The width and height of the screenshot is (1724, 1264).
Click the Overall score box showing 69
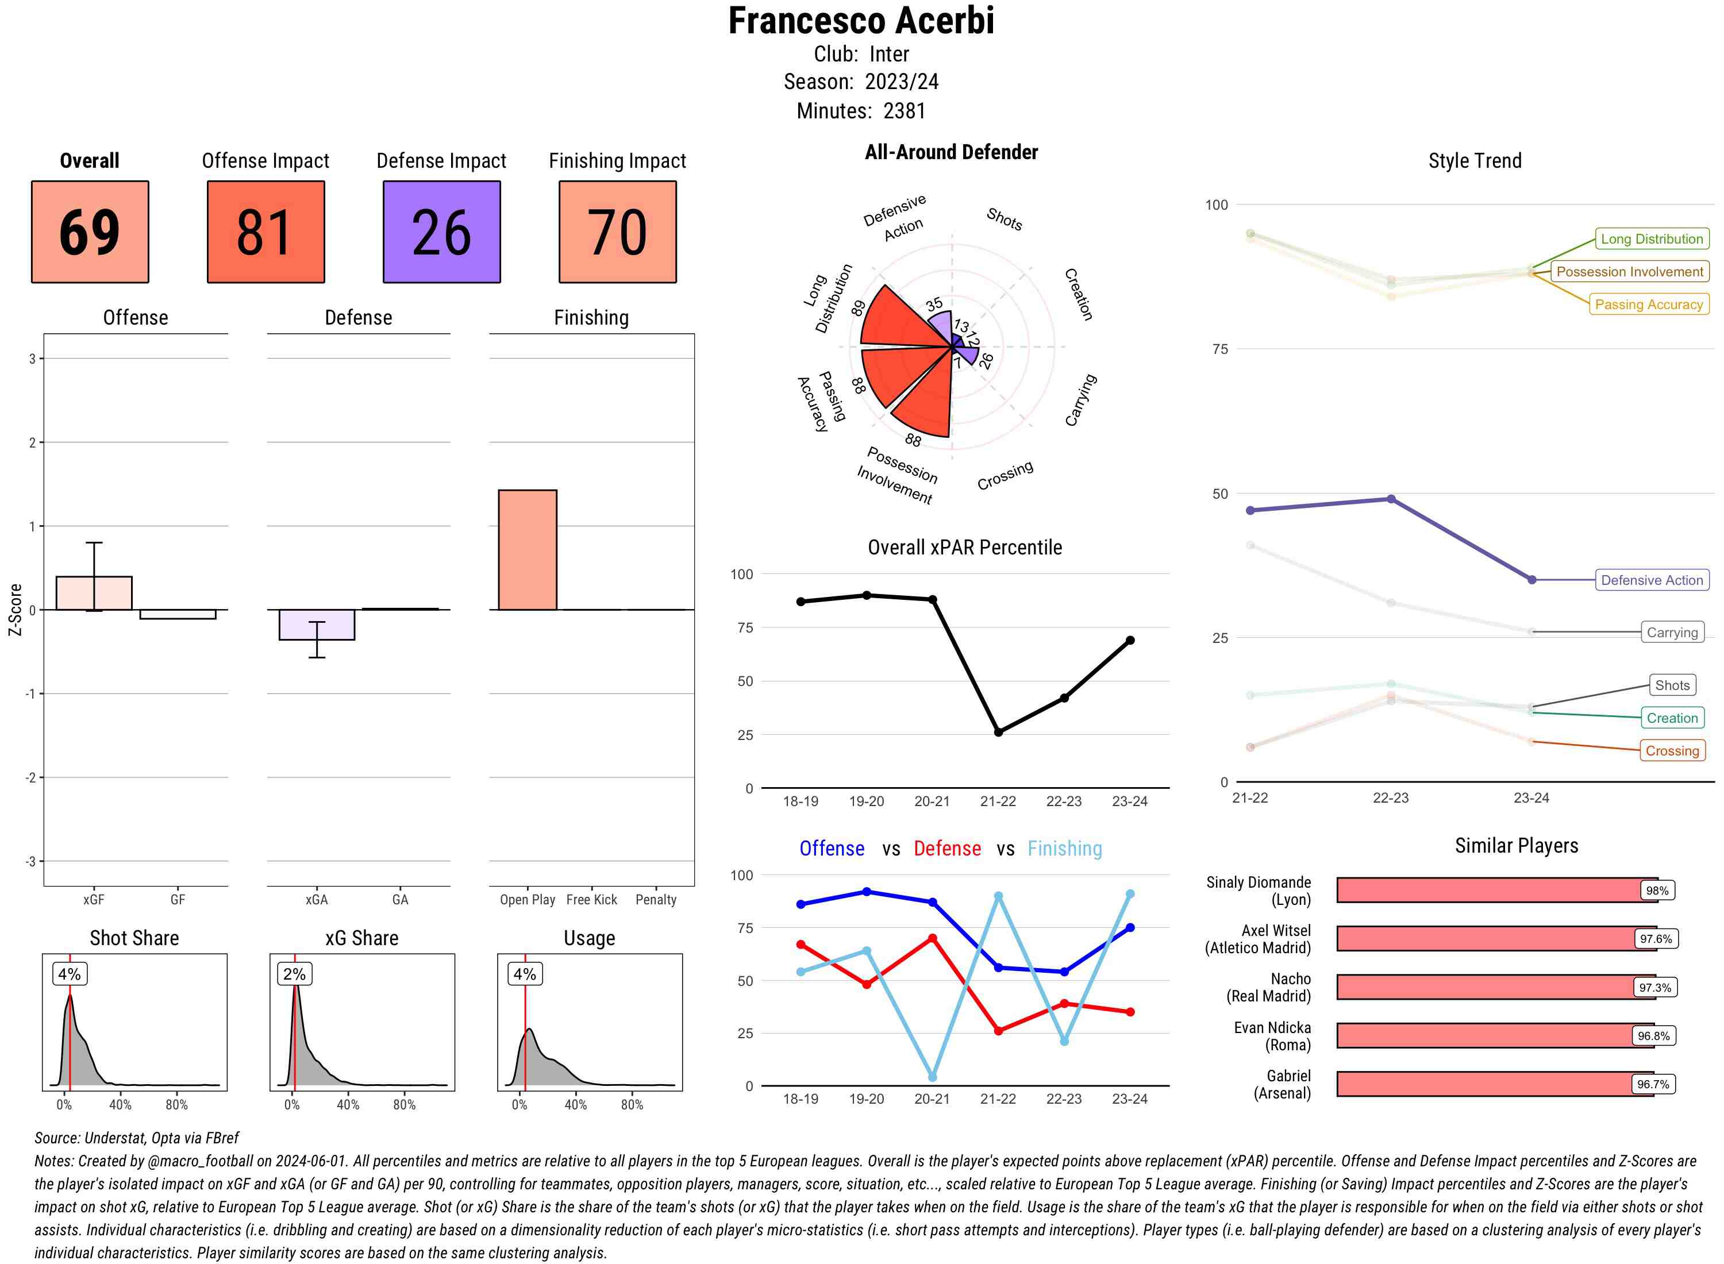[90, 232]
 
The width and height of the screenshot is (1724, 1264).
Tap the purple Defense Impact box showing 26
[441, 232]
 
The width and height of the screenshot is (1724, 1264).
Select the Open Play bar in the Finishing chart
[527, 549]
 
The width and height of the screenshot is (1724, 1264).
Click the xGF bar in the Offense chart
[94, 593]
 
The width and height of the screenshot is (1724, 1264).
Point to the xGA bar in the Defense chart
[317, 625]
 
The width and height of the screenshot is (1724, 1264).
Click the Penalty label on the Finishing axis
[656, 900]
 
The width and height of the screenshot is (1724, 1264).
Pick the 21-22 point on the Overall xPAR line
[998, 732]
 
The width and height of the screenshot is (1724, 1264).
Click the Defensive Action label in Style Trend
[1652, 580]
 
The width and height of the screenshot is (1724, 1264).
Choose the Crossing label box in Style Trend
[1671, 750]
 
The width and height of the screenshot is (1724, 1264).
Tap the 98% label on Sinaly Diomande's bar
[1657, 891]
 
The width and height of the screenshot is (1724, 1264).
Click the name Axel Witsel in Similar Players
[1276, 930]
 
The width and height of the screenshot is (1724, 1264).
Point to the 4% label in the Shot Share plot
[70, 974]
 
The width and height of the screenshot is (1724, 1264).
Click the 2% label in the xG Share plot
[295, 974]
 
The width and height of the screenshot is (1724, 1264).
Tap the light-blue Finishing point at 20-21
[932, 1077]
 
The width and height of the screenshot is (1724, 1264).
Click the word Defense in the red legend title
[946, 849]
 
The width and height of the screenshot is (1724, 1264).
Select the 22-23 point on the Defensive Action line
[1390, 499]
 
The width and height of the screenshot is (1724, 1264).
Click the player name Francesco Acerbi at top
[861, 21]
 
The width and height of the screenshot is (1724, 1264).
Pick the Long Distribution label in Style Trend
[1652, 238]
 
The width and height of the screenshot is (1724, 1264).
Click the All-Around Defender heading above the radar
[951, 152]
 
